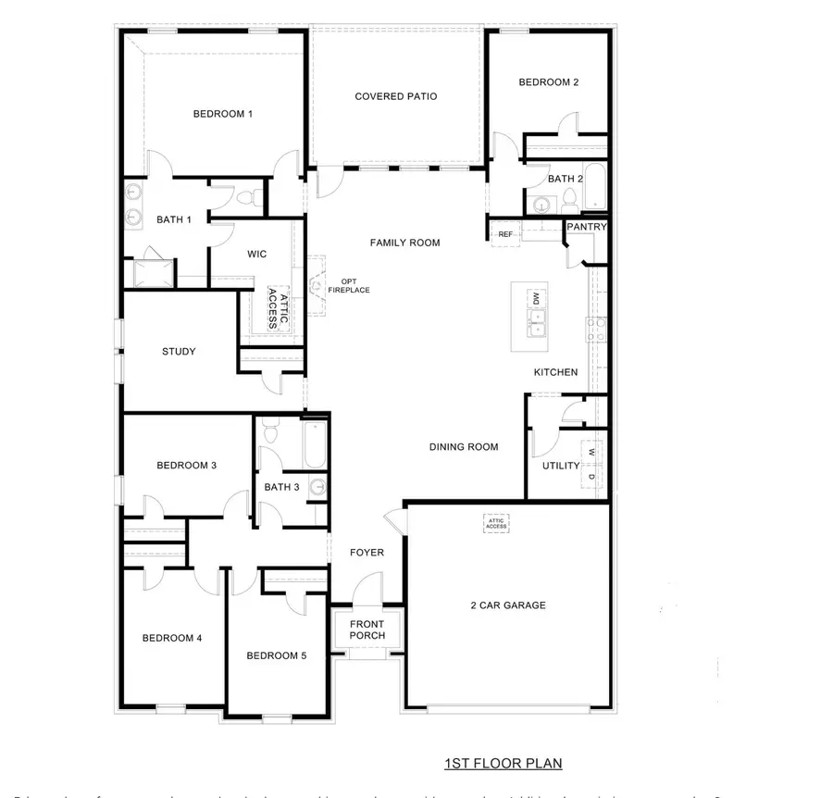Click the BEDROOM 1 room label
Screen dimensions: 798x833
[x=222, y=114]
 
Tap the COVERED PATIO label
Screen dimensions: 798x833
[x=395, y=96]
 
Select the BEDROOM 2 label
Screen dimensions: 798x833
[x=548, y=82]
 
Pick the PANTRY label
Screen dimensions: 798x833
[x=587, y=227]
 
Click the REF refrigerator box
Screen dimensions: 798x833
[x=505, y=234]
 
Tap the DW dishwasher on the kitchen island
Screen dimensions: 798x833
[x=534, y=297]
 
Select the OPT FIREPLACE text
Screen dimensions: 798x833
[x=348, y=286]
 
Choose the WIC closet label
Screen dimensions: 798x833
[x=256, y=254]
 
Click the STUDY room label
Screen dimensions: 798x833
[x=179, y=352]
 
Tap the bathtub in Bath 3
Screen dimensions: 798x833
[x=315, y=443]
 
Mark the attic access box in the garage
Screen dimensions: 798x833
[x=496, y=524]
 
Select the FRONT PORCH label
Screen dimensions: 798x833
[x=367, y=630]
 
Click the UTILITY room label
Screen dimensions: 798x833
[x=561, y=466]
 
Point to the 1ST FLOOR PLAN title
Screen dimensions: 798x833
[x=503, y=764]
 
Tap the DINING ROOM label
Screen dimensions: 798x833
[x=464, y=447]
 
